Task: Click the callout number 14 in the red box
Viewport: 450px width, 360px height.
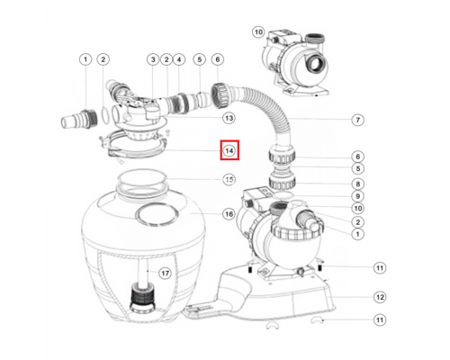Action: pyautogui.click(x=229, y=150)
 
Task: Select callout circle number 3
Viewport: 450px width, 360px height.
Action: pyautogui.click(x=153, y=59)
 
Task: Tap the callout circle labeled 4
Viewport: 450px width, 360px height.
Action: pyautogui.click(x=179, y=59)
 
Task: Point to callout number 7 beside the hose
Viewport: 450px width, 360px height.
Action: pyautogui.click(x=357, y=120)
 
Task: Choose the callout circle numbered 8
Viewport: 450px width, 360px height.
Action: pyautogui.click(x=357, y=184)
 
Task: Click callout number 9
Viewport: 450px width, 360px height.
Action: pyautogui.click(x=357, y=196)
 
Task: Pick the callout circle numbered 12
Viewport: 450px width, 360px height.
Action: pyautogui.click(x=380, y=297)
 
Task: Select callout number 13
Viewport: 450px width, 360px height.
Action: pyautogui.click(x=229, y=118)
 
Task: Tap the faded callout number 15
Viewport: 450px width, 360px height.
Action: pyautogui.click(x=229, y=180)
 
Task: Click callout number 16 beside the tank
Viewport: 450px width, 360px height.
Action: pyautogui.click(x=229, y=214)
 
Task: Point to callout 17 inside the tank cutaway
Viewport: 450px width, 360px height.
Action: pyautogui.click(x=165, y=274)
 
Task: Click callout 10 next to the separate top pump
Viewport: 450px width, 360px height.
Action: pyautogui.click(x=258, y=31)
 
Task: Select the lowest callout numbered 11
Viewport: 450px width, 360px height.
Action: pyautogui.click(x=380, y=319)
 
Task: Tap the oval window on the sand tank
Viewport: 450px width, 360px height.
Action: pyautogui.click(x=157, y=213)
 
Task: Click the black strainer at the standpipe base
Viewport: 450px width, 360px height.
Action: pyautogui.click(x=143, y=296)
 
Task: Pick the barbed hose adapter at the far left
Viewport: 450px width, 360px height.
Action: pyautogui.click(x=79, y=120)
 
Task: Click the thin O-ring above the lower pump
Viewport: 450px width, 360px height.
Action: pyautogui.click(x=283, y=195)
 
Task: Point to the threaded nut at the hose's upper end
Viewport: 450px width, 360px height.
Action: pyautogui.click(x=220, y=96)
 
